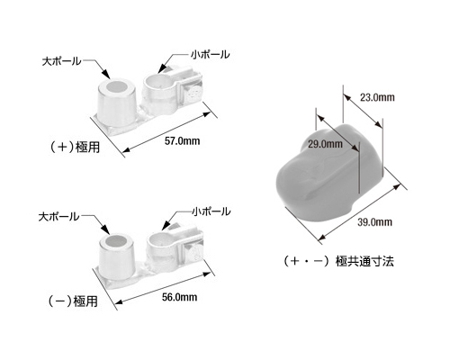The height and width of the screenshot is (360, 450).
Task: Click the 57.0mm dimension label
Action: [x=182, y=140]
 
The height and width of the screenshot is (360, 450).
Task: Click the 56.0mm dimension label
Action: [x=179, y=297]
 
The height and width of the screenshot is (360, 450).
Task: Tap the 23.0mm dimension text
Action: [x=377, y=97]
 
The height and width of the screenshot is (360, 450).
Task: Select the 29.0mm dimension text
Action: [x=325, y=144]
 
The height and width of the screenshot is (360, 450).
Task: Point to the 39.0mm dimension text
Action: [x=374, y=222]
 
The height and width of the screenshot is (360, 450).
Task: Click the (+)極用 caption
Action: [x=75, y=148]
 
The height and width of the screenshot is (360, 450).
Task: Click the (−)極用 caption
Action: [x=73, y=301]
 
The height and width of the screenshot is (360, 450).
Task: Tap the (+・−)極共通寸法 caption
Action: [x=338, y=261]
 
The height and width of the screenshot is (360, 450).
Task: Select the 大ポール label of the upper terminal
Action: [x=61, y=61]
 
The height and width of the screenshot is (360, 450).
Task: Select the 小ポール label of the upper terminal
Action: [x=211, y=55]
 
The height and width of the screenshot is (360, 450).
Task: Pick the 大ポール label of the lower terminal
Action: [x=58, y=217]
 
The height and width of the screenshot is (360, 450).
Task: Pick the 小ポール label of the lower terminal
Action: [x=211, y=211]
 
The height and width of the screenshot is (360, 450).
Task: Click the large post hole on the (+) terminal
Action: [x=117, y=86]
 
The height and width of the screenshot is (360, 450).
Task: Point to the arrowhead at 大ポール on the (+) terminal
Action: [x=105, y=74]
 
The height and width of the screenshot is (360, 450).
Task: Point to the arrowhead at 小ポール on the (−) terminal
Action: [x=165, y=226]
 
